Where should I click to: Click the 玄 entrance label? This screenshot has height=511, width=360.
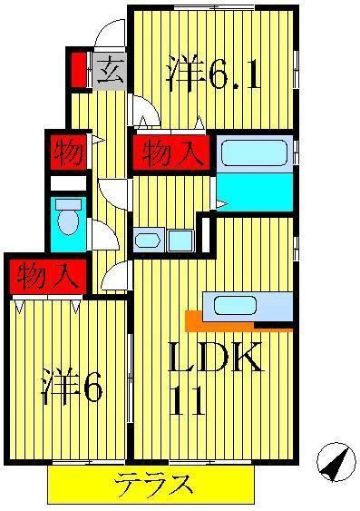point(108,71)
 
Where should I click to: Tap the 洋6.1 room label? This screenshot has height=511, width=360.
point(214,75)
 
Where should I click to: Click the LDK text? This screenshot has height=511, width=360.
point(217,359)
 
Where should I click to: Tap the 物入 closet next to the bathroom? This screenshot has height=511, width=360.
point(172,153)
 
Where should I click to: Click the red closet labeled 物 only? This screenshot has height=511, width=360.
point(66,152)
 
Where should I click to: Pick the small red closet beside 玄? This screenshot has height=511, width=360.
point(78,71)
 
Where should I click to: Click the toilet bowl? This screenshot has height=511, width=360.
point(67,223)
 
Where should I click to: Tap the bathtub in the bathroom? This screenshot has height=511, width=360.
point(255,152)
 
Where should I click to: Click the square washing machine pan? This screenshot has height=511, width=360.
point(180,241)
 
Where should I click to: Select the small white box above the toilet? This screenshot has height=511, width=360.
point(67,182)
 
